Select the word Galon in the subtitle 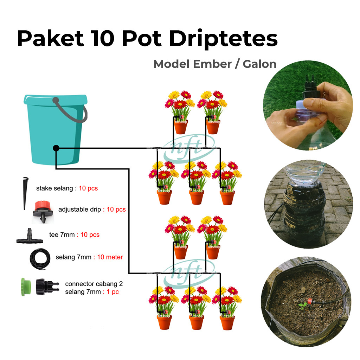259,64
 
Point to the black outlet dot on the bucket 56,148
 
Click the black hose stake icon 25,193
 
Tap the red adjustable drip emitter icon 43,212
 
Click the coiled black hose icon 40,259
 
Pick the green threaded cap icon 26,287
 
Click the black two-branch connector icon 47,287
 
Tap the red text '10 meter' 110,257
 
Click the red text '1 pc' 113,292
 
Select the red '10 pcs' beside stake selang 88,188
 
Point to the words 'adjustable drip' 80,210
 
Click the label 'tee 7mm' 62,234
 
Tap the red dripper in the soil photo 310,301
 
